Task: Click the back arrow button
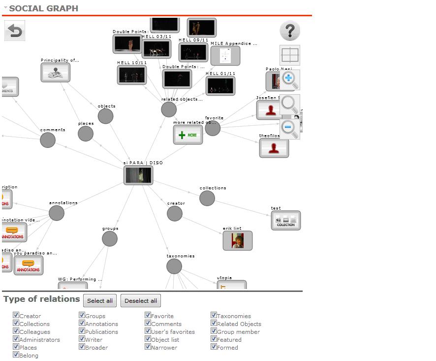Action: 14,31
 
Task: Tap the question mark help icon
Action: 290,31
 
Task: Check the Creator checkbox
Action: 16,315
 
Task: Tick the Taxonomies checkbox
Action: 214,315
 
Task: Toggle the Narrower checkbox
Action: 148,347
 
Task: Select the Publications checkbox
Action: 82,331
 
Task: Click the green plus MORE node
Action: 188,135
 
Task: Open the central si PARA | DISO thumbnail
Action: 138,175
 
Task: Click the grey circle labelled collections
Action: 207,198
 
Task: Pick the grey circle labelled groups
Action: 110,239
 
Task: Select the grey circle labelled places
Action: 86,134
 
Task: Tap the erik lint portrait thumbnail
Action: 238,241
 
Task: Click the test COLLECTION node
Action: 286,220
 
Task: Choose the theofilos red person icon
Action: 274,148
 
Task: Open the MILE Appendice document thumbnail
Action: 225,55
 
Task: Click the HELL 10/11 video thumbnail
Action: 132,75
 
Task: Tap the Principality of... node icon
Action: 56,72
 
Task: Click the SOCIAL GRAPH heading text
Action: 43,8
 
